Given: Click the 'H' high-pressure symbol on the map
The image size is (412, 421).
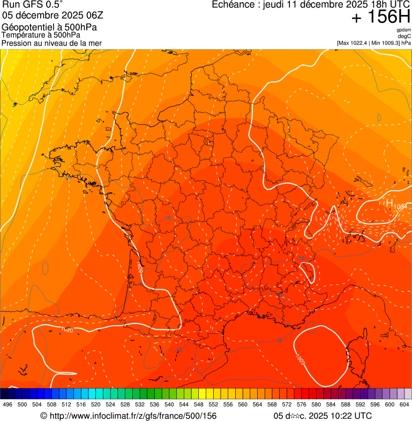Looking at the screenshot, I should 389,203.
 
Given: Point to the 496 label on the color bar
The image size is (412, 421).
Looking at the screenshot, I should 8,404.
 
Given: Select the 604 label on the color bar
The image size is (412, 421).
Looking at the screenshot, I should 404,404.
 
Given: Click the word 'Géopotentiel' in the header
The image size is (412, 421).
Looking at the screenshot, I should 27,27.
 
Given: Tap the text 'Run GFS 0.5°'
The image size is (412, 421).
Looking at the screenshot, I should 32,5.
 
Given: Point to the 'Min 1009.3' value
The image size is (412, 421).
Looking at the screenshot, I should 383,43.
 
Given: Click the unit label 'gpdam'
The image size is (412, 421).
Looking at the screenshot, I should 404,30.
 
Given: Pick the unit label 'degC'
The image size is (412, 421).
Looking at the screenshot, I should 404,36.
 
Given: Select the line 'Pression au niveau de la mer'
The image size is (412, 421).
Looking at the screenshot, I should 51,43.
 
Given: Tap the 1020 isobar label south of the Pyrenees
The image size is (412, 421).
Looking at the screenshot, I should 67,329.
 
